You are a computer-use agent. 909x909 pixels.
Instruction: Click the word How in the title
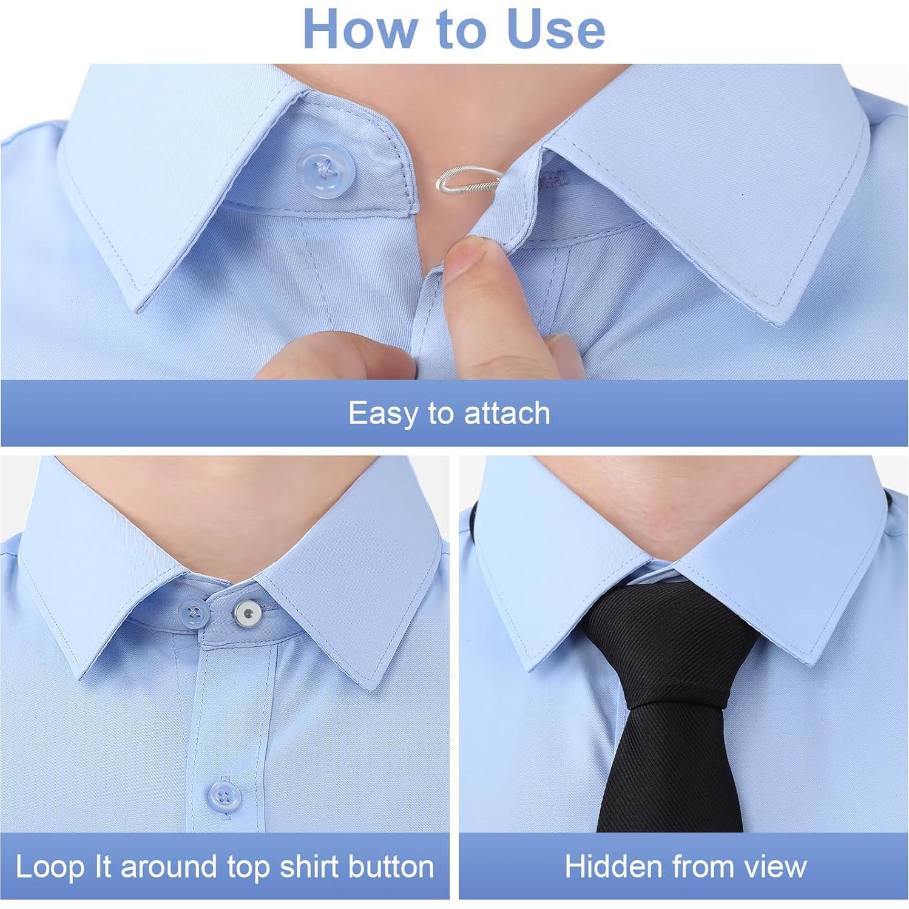pos(360,29)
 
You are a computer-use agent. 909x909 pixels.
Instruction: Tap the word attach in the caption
pos(507,414)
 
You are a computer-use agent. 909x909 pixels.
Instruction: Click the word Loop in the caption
pos(50,867)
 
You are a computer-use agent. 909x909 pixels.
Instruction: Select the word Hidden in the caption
pos(613,867)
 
